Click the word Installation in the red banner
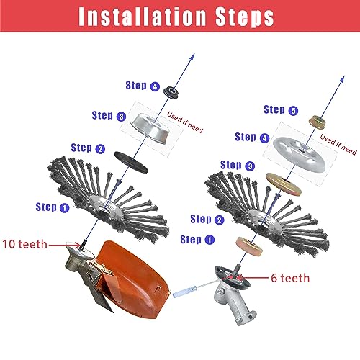pyautogui.click(x=143, y=17)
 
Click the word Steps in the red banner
pyautogui.click(x=245, y=17)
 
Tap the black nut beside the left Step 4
pyautogui.click(x=170, y=92)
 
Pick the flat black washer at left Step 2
pyautogui.click(x=131, y=162)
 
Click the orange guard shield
pyautogui.click(x=134, y=279)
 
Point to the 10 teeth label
pyautogui.click(x=24, y=244)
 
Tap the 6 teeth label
pyautogui.click(x=290, y=278)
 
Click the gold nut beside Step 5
pyautogui.click(x=317, y=122)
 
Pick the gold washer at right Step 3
pyautogui.click(x=284, y=184)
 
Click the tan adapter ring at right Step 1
pyautogui.click(x=249, y=246)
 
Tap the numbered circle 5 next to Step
pyautogui.click(x=293, y=111)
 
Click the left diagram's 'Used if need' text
pyautogui.click(x=185, y=122)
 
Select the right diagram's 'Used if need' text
pyautogui.click(x=338, y=145)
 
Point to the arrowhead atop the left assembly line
pyautogui.click(x=192, y=57)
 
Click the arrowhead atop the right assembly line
pyautogui.click(x=342, y=79)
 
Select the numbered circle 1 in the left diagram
pyautogui.click(x=64, y=208)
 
